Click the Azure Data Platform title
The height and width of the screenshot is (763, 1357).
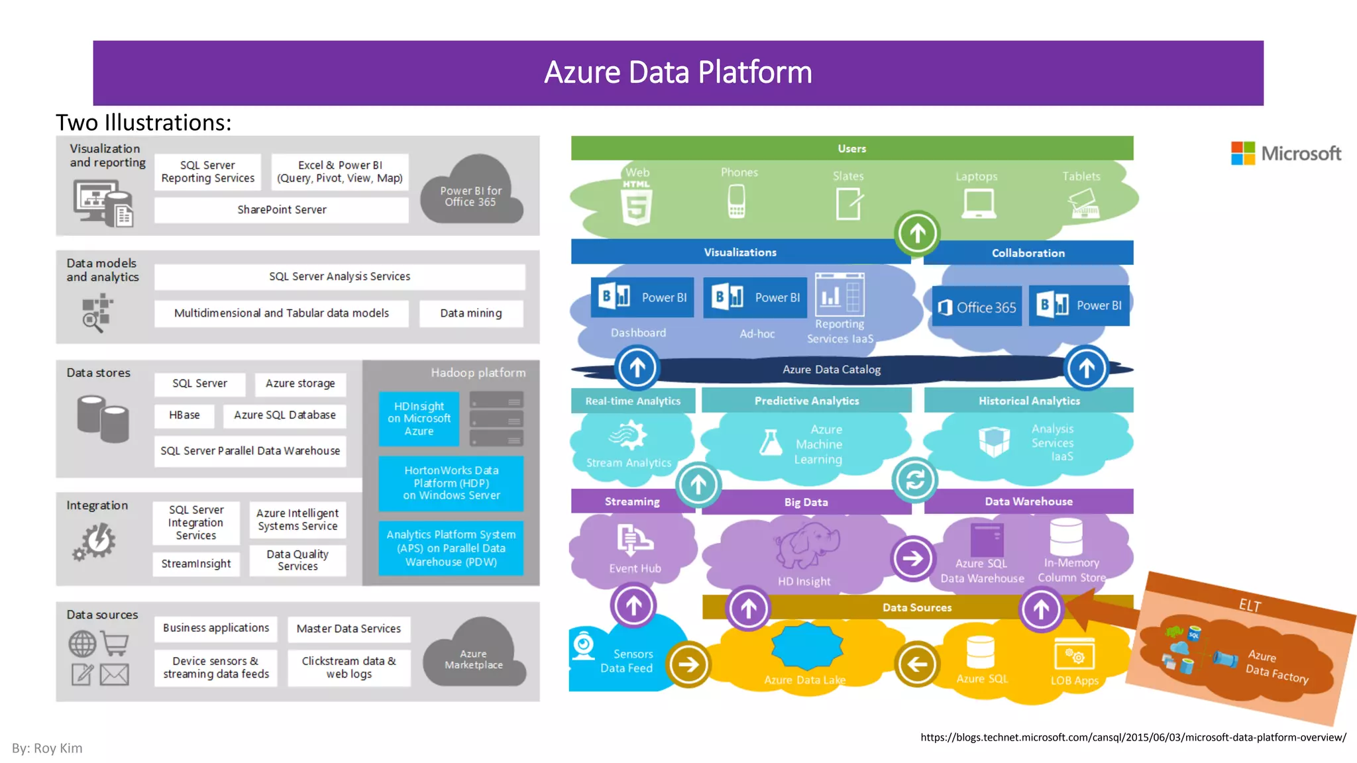tap(678, 72)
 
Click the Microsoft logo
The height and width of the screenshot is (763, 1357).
tap(1285, 154)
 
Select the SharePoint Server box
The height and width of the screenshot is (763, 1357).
tap(282, 210)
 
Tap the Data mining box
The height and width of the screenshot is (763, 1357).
tap(471, 313)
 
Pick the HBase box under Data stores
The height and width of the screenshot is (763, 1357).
tap(184, 415)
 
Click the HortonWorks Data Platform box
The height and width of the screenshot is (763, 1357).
tap(451, 483)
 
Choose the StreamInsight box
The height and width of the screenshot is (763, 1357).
tap(196, 564)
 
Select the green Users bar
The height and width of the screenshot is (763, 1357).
tap(851, 148)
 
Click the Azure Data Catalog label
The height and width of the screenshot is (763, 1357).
tap(832, 370)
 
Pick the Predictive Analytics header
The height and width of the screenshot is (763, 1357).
tap(806, 401)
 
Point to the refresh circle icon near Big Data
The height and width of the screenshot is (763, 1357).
tap(914, 480)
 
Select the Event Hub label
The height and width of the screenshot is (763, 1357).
tap(635, 568)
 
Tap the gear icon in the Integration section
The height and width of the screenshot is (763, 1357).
tap(96, 541)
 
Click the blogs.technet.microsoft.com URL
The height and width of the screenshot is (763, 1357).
tap(1132, 737)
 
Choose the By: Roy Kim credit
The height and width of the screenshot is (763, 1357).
tap(47, 748)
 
